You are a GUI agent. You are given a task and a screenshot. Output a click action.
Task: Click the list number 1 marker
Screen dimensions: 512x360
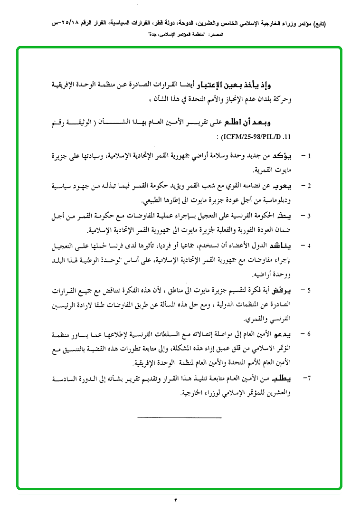[309, 155]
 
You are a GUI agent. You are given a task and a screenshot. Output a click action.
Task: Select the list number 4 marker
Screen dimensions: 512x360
[309, 246]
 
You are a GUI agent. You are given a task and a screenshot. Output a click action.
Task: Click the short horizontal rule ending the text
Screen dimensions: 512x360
[179, 417]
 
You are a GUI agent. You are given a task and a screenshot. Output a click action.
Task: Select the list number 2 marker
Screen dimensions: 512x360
[309, 185]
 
